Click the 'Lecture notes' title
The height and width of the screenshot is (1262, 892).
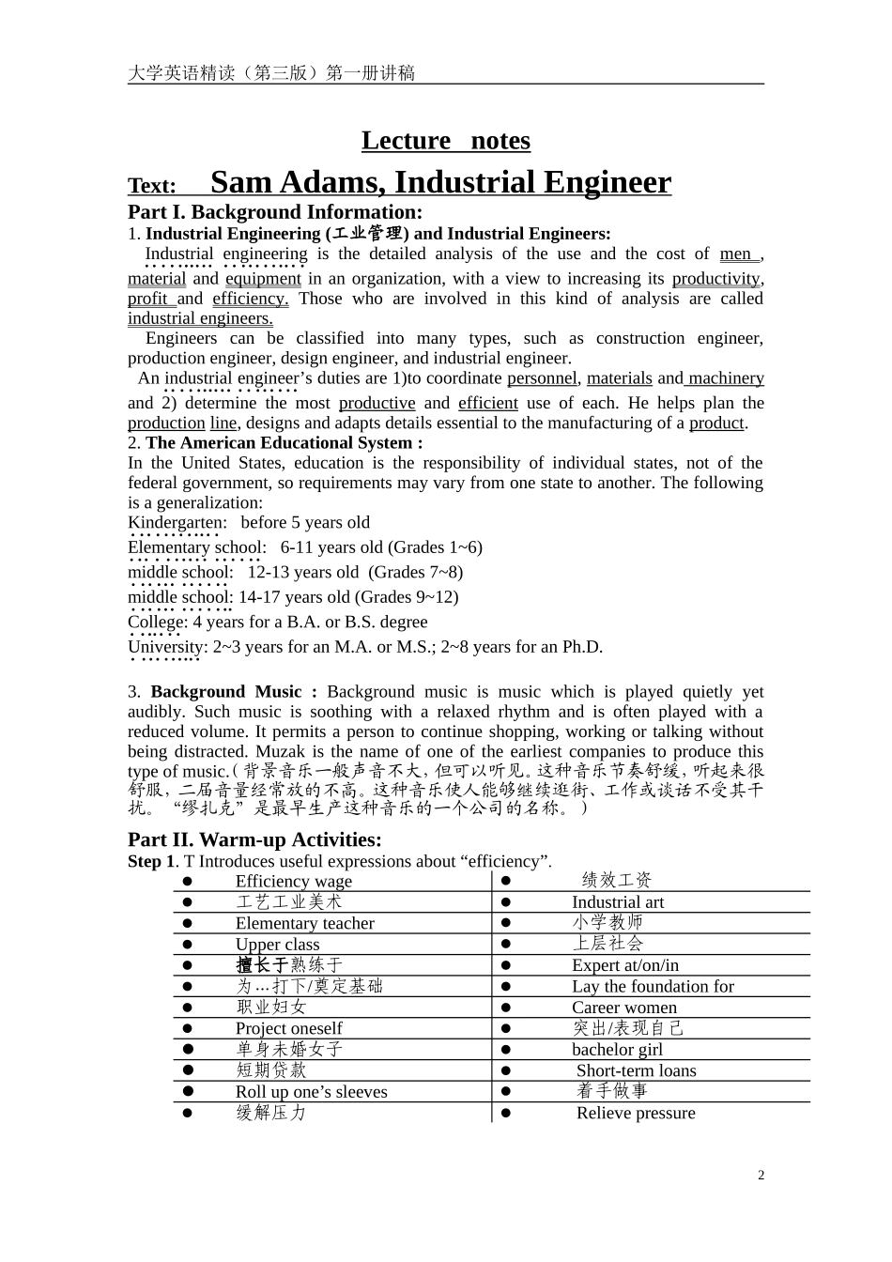pyautogui.click(x=445, y=141)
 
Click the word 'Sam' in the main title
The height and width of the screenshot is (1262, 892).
pyautogui.click(x=242, y=182)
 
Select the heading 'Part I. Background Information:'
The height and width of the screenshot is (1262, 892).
pyautogui.click(x=275, y=212)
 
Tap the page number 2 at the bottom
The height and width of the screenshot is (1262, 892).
pyautogui.click(x=761, y=1175)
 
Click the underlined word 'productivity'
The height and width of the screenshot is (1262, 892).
pyautogui.click(x=715, y=279)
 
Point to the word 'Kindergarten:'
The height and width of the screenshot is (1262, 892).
pyautogui.click(x=177, y=523)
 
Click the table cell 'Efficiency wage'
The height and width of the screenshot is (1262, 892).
pyautogui.click(x=293, y=881)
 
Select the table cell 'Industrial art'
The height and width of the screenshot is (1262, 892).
pyautogui.click(x=617, y=902)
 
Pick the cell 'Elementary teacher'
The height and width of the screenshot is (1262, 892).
pyautogui.click(x=304, y=923)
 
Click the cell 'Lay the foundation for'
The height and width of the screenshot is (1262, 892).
pyautogui.click(x=653, y=986)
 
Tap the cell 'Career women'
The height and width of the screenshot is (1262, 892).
pyautogui.click(x=623, y=1008)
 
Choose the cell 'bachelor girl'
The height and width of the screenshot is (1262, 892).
pyautogui.click(x=617, y=1050)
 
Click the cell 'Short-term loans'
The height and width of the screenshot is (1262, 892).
pyautogui.click(x=636, y=1070)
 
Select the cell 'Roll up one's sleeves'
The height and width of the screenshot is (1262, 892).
pyautogui.click(x=311, y=1092)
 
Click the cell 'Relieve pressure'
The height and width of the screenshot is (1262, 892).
pyautogui.click(x=636, y=1113)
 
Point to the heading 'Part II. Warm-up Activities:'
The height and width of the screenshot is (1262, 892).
pyautogui.click(x=254, y=839)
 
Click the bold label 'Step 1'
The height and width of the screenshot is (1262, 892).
pyautogui.click(x=150, y=861)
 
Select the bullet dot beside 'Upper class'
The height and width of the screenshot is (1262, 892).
pyautogui.click(x=187, y=944)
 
